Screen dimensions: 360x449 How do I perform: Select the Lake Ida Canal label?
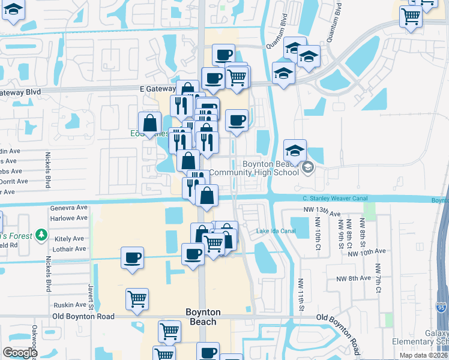[x=276, y=232]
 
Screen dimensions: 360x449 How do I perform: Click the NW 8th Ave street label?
[x=354, y=278]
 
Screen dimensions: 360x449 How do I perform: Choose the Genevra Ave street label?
[x=71, y=208]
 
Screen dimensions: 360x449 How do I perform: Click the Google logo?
[x=20, y=353]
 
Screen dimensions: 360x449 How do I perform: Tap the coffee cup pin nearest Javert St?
[x=132, y=257]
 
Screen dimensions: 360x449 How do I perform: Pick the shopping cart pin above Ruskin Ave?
[x=137, y=298]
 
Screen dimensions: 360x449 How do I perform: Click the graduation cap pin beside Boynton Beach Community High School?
[x=295, y=150]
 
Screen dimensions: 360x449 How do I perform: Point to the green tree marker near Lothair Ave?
[x=40, y=235]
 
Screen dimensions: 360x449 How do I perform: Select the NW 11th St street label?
[x=300, y=296]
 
